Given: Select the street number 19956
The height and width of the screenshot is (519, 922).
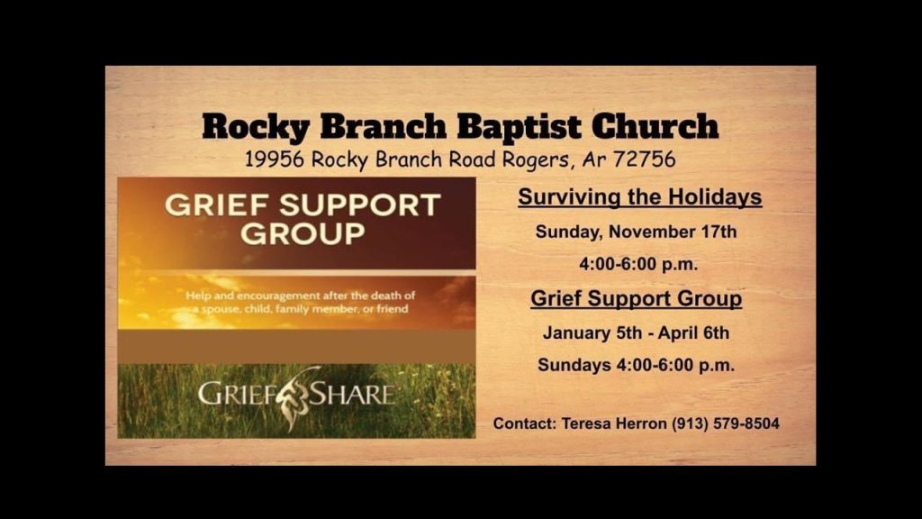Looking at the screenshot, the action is point(275,159).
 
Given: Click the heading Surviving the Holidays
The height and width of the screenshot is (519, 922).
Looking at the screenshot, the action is point(640,197).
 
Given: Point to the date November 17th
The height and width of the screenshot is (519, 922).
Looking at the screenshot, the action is point(672,232).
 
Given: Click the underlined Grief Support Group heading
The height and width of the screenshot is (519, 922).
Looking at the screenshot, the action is point(637,298).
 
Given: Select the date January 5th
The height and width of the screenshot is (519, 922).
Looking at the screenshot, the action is point(592,333).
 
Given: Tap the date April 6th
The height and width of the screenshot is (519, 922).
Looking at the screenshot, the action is point(693,333).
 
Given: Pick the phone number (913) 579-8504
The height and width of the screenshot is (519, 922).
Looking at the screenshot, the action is point(726,423).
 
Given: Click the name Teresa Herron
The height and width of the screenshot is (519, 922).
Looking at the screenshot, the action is point(614,423).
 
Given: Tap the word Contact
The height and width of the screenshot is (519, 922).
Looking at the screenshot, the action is point(525,423).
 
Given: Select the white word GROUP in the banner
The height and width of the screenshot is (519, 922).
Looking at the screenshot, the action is point(303,233).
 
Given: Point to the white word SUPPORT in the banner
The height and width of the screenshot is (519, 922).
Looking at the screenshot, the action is point(360,205).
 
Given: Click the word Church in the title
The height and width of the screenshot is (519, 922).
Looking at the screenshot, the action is point(655,126).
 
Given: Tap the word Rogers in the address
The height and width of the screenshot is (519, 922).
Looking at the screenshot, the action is point(536,160).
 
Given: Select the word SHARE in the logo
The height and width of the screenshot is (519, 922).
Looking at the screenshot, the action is point(352,394).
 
